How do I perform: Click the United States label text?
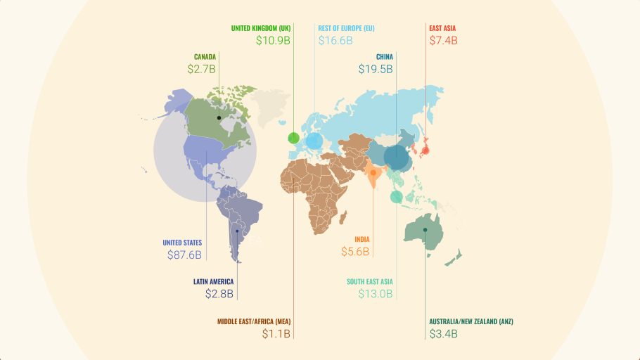(182, 243)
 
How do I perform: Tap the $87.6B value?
(184, 255)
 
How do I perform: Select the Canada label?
(204, 57)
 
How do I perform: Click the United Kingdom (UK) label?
(260, 28)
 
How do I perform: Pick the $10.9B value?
(273, 41)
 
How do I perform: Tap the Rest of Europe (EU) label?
(346, 28)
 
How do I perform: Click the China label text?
(384, 57)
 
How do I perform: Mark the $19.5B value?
(375, 70)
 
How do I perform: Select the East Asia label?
(442, 28)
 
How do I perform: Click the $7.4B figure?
(443, 41)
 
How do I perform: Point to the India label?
(361, 239)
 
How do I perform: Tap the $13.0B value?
(375, 294)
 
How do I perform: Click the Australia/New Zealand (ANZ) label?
(471, 321)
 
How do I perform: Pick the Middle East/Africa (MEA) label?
(253, 321)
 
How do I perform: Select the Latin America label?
(213, 281)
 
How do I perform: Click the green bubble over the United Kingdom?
(293, 137)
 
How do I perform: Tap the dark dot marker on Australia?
(425, 230)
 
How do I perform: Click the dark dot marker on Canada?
(219, 117)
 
